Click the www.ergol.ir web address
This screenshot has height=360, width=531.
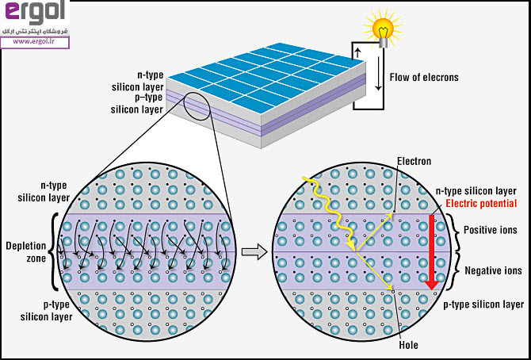(32, 42)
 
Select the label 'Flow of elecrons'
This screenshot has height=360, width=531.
(424, 78)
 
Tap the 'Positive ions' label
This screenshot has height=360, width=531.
(491, 231)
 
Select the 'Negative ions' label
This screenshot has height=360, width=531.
(492, 271)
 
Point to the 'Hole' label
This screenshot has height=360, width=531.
(408, 345)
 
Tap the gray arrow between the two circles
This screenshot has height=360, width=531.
(251, 252)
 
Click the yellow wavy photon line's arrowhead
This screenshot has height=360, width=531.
(353, 248)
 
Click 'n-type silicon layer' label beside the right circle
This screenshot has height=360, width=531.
(476, 191)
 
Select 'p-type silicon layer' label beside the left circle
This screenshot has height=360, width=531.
(43, 311)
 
